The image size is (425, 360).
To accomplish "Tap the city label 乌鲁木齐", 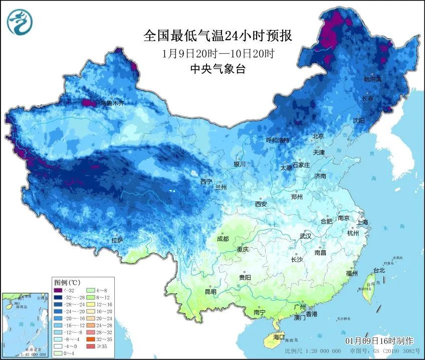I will pos(112,103).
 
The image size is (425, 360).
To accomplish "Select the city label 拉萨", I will pos(117,241).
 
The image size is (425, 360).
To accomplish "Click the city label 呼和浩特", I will pos(278,140).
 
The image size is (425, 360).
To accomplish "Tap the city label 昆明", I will pos(210,292).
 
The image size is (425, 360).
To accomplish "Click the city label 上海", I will pos(361,222).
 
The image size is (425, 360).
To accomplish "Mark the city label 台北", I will pos(379,270).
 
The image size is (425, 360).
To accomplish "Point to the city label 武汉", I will pos(305,236).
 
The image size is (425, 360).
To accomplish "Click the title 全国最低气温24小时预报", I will pos(218,36).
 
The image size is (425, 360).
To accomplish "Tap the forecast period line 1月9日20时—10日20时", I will pos(218,53).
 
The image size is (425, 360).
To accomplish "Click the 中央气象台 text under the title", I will pos(218,70).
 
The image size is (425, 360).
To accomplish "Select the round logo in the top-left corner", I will pos(20,22).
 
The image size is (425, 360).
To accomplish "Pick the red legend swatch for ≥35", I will pos(89,345).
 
